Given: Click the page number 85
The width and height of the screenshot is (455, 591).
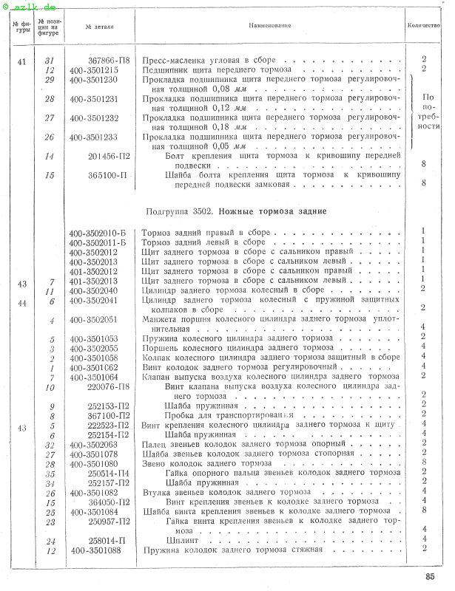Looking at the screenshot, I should (x=430, y=577).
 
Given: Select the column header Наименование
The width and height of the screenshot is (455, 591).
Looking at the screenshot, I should (x=269, y=26).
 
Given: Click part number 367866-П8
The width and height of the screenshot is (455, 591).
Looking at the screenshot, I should (x=109, y=59).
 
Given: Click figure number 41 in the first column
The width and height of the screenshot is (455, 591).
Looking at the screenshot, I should (x=21, y=60).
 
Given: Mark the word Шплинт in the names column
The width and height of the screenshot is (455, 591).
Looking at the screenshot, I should (x=181, y=540).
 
